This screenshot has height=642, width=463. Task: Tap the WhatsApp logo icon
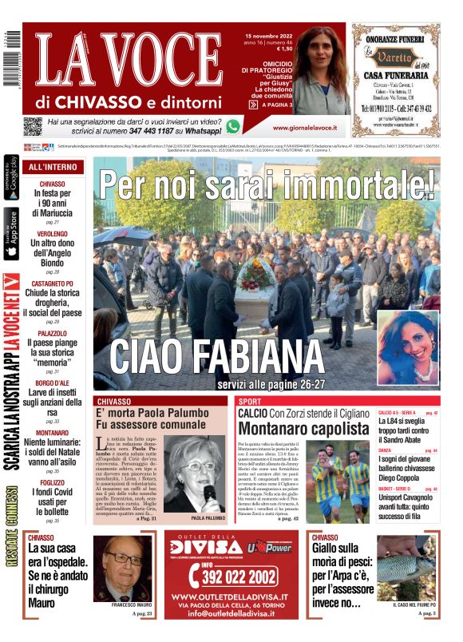(233, 126)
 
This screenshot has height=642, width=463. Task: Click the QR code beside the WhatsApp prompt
(32, 126)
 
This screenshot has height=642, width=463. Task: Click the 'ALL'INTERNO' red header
(53, 168)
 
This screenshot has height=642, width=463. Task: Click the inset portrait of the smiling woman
(407, 347)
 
